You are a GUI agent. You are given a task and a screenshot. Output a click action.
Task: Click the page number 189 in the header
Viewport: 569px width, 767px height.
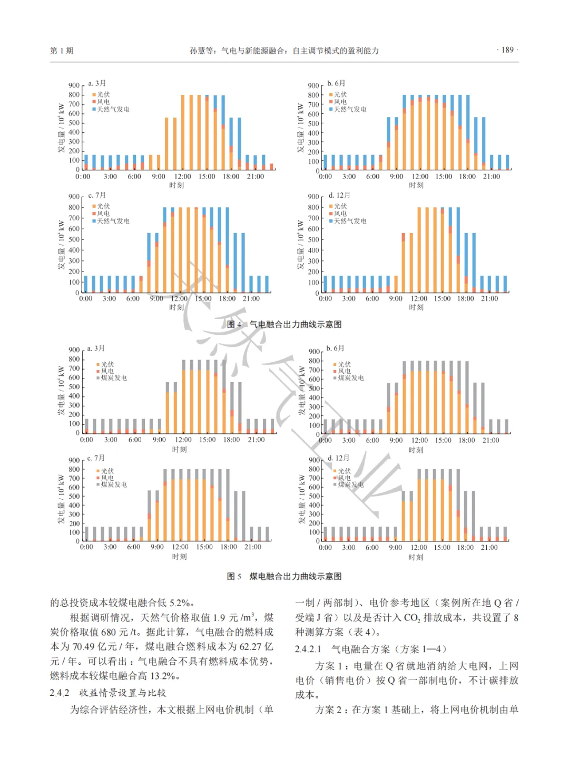click(507, 50)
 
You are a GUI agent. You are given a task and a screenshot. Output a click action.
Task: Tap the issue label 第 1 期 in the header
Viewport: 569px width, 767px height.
click(62, 51)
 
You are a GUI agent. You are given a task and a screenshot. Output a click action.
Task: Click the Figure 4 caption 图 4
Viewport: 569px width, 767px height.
click(234, 324)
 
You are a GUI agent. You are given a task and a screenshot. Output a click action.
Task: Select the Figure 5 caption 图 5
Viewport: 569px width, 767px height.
click(234, 576)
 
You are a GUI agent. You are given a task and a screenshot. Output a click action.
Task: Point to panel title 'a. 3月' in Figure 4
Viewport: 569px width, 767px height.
click(97, 83)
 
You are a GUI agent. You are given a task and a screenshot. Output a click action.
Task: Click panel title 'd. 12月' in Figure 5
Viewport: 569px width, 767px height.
click(338, 458)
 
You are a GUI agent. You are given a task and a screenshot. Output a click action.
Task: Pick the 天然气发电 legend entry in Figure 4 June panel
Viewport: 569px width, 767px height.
click(350, 109)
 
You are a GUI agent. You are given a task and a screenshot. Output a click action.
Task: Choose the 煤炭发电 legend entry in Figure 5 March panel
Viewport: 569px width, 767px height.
click(114, 378)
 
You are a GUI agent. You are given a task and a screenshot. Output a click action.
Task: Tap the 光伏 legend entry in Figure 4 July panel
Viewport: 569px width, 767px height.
click(103, 206)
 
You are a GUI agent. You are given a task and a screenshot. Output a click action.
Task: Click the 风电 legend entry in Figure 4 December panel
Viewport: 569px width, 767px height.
click(340, 213)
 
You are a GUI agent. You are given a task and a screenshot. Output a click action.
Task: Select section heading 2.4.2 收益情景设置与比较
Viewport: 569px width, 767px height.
click(108, 693)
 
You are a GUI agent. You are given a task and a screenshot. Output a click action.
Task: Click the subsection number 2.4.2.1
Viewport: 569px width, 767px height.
click(308, 649)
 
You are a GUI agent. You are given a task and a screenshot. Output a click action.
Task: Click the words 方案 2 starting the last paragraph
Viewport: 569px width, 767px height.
click(330, 710)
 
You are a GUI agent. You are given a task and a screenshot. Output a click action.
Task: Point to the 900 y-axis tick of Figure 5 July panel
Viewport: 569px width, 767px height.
click(74, 460)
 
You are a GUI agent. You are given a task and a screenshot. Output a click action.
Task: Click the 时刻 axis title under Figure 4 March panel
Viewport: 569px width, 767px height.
click(176, 185)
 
